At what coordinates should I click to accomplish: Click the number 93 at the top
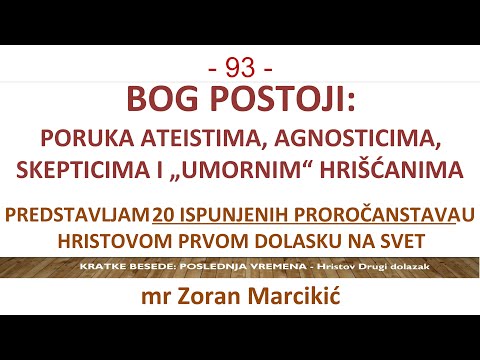coord(240,68)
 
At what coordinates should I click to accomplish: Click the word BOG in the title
coord(159,100)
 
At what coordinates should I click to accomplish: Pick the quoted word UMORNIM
coord(242,169)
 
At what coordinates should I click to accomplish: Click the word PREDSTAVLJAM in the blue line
coord(76,214)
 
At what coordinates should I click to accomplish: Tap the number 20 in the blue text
coord(165,214)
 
